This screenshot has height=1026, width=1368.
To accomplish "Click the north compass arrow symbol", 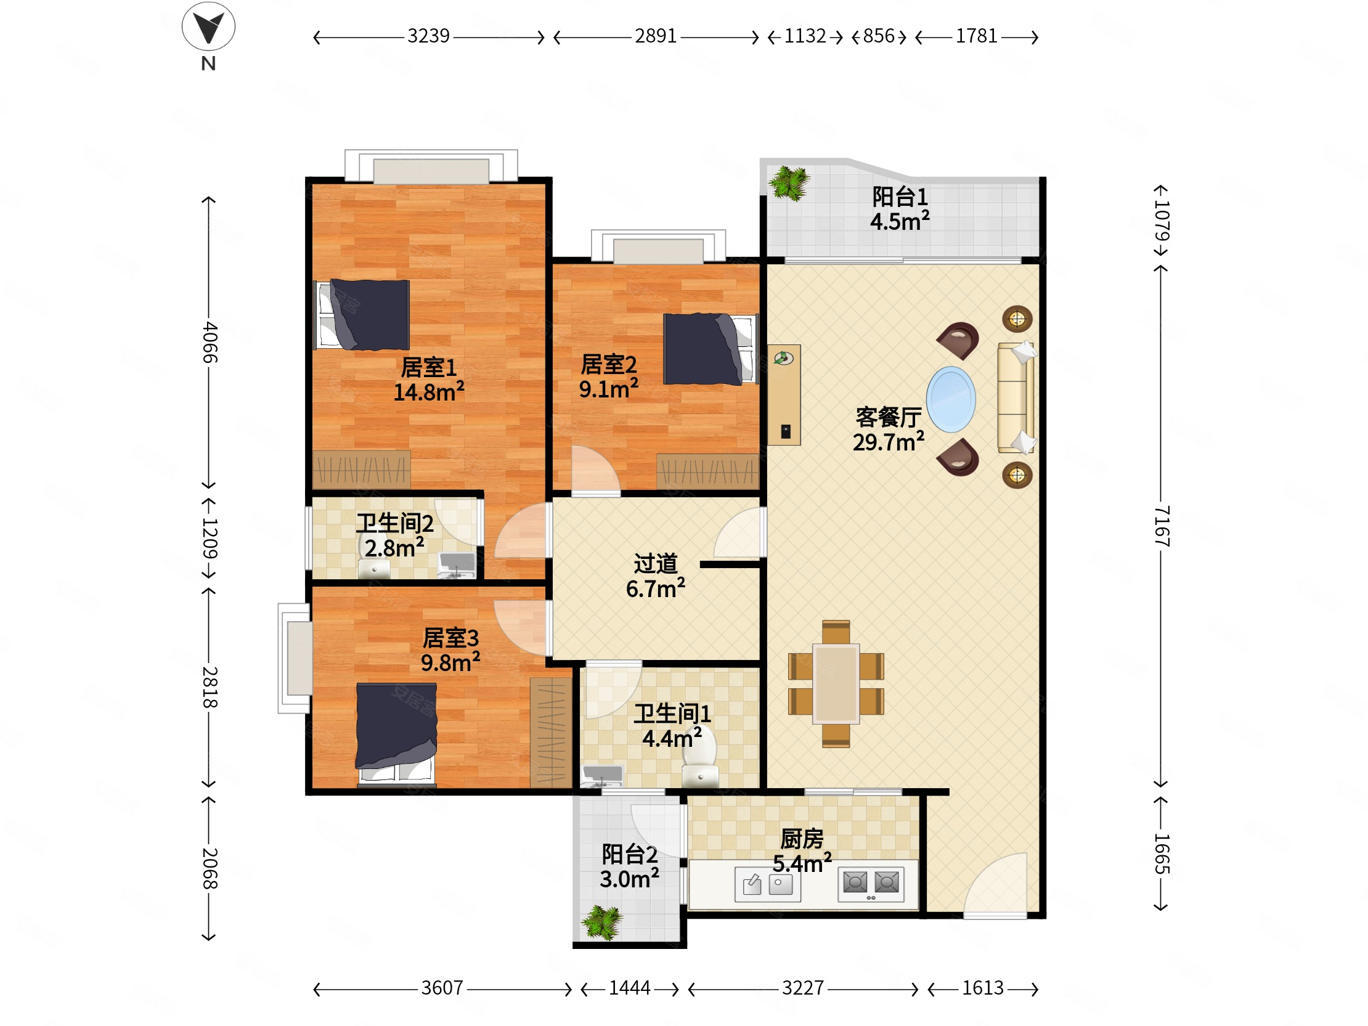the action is coord(208,26).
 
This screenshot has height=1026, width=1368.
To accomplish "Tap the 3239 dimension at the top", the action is coord(428,36).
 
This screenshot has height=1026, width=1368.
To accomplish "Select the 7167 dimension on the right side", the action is coord(1162,526).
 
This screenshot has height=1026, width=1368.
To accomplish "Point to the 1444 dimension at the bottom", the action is coord(630,988).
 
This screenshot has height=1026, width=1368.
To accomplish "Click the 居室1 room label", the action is coord(429,367).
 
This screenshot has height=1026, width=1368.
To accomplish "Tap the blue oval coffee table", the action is coord(951,399).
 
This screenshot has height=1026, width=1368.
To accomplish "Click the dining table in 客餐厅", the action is coord(836,683).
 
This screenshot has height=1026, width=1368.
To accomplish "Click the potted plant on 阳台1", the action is coord(789,183).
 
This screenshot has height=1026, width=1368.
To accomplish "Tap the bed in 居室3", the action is coord(396,734).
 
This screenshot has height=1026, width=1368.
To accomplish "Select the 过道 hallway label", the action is coord(656,563).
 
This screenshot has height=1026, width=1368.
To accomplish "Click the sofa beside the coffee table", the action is coord(1016,398).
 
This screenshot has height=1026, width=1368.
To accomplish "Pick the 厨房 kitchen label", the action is coord(802,839).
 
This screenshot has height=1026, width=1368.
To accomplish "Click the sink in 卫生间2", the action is coord(457,564).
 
